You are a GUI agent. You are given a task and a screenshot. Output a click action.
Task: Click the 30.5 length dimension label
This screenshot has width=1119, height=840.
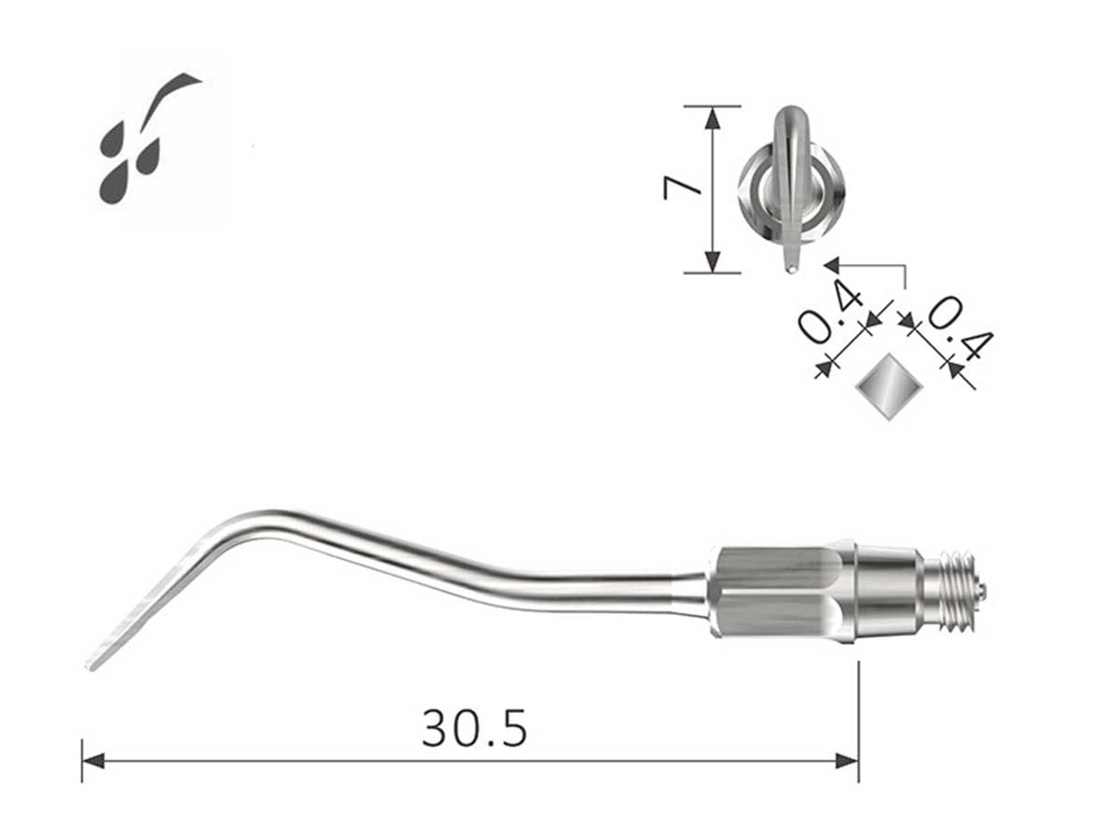(x=474, y=728)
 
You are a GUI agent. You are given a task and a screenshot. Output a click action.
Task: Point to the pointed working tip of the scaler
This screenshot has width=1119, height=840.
(x=90, y=666)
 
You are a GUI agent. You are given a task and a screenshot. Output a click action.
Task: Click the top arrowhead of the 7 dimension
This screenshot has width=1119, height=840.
(x=713, y=118)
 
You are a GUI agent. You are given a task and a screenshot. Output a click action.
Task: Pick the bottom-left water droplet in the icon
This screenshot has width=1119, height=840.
(x=115, y=183)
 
